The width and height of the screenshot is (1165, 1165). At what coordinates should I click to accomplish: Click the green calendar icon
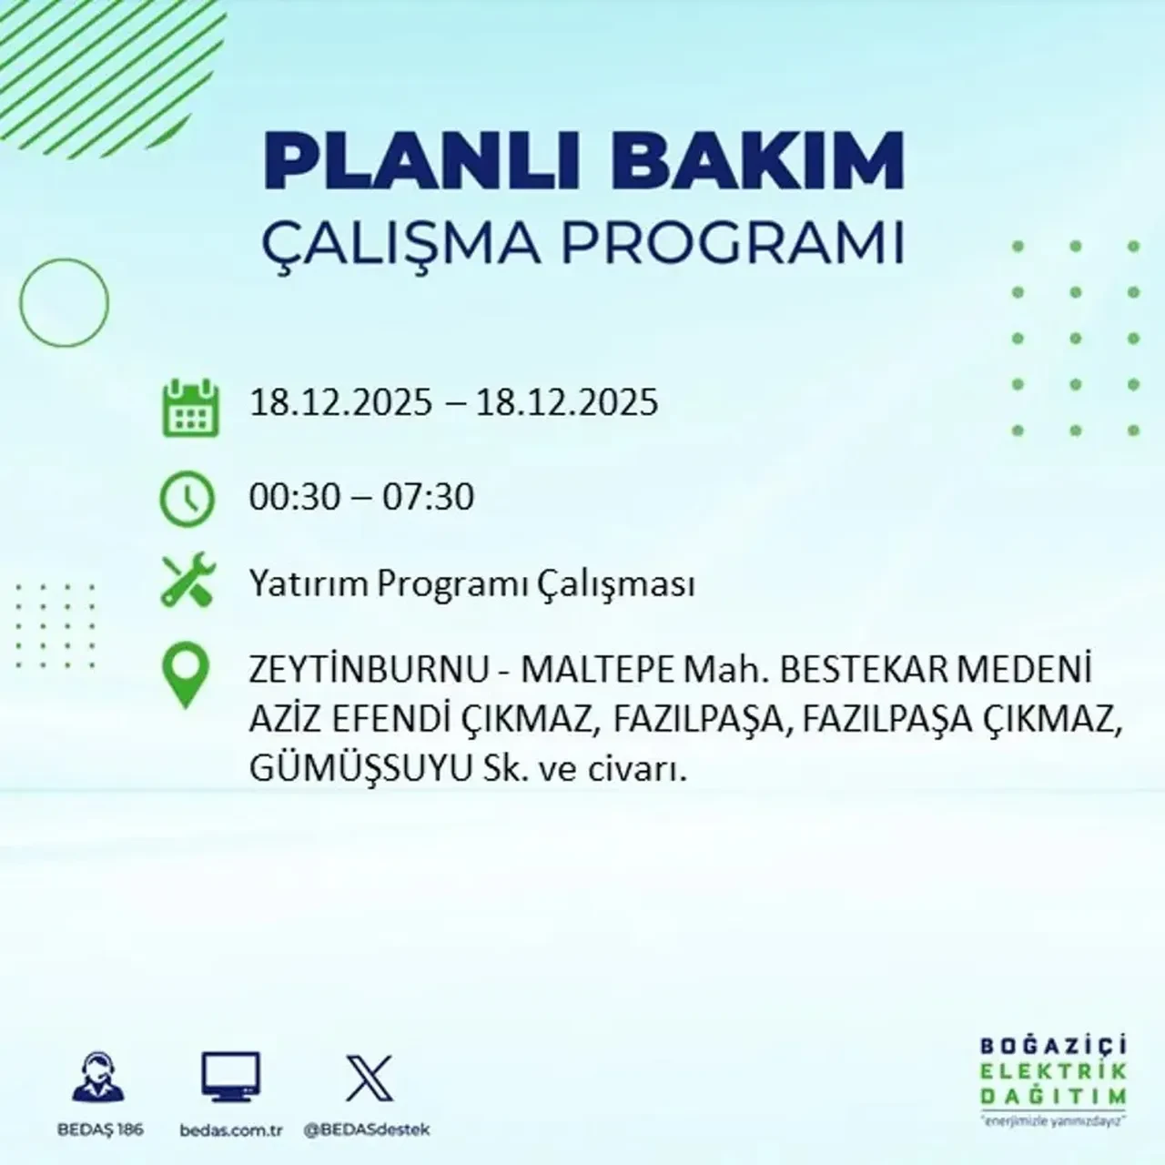coord(189,408)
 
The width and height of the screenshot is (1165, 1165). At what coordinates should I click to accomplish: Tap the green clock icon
coord(187,499)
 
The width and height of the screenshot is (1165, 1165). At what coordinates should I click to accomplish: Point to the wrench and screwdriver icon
coord(187,582)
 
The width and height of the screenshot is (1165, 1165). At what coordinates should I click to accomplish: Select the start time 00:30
coord(295,498)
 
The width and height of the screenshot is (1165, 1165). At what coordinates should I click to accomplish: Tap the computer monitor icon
coord(230,1079)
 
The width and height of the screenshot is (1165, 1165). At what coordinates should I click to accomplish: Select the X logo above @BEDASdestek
coord(369,1079)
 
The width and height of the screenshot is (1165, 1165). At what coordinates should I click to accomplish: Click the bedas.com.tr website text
coord(232,1130)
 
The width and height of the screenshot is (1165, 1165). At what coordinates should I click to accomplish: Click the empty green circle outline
coord(64,302)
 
